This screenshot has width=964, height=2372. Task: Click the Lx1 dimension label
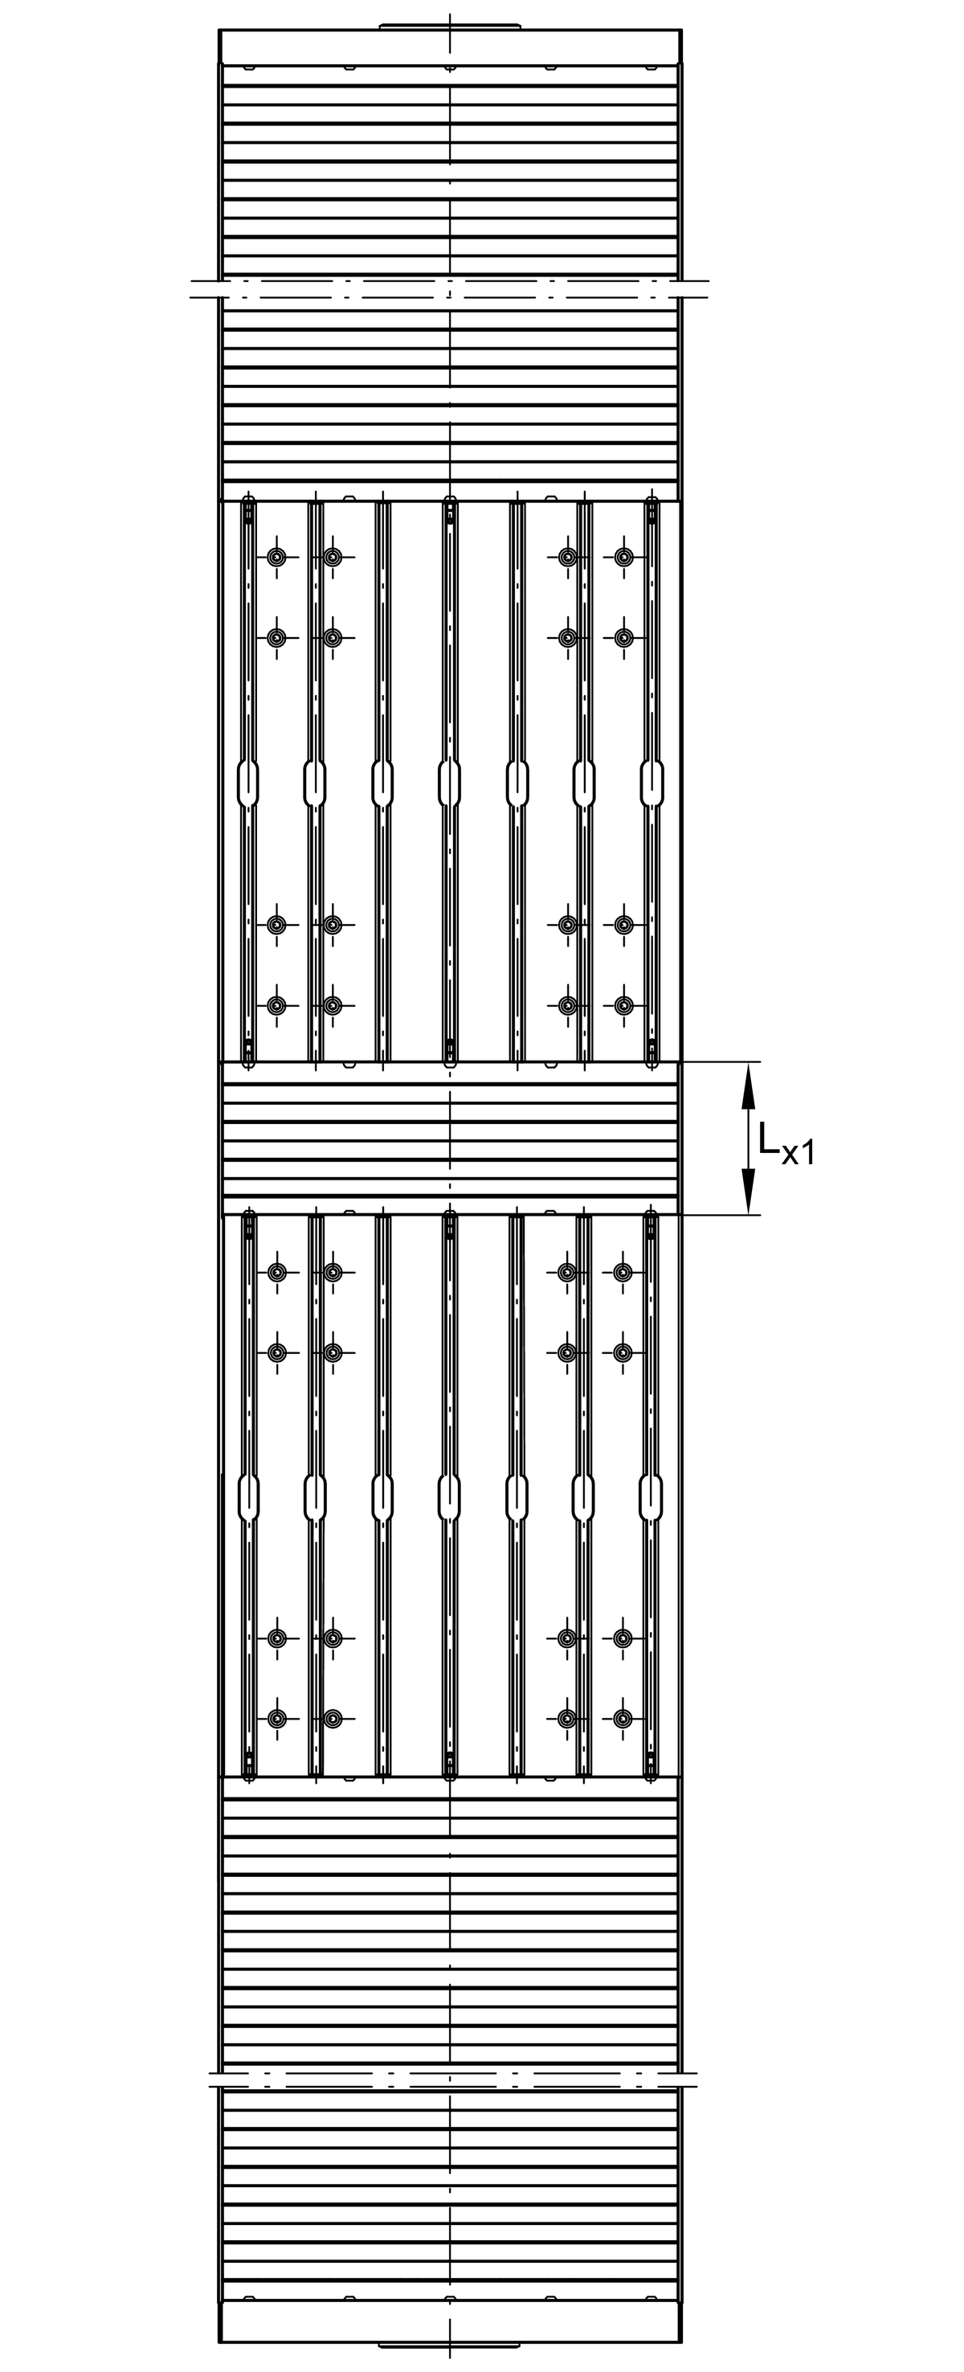click(786, 1143)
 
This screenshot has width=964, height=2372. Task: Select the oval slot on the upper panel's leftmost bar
click(248, 783)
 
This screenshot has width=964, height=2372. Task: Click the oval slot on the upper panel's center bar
click(449, 783)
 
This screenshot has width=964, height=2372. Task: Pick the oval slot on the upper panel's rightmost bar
click(652, 783)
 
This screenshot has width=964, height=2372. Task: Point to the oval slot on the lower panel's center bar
click(449, 1497)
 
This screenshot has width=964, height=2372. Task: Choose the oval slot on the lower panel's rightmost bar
click(652, 1497)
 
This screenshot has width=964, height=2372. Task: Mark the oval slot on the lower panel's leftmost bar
click(248, 1497)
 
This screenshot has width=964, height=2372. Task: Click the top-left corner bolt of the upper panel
click(276, 557)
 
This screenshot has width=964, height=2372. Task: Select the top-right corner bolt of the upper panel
click(623, 557)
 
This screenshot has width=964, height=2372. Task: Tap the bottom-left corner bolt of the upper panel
click(276, 1005)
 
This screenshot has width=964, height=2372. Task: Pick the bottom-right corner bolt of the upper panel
click(623, 1005)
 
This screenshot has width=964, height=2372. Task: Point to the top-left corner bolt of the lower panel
click(276, 1273)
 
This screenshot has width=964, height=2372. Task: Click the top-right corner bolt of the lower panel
click(623, 1273)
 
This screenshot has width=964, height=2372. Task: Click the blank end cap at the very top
click(450, 47)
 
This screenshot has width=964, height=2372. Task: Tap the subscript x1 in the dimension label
click(799, 1153)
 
